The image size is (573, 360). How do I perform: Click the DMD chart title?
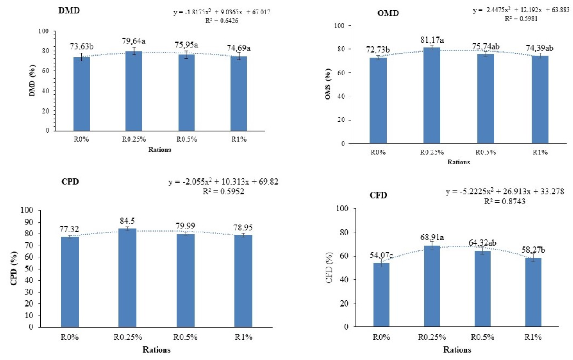69,11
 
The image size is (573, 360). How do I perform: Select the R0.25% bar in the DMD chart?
134,91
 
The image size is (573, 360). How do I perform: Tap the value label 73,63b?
82,46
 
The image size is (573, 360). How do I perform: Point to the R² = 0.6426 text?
222,21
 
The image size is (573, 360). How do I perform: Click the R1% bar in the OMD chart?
540,100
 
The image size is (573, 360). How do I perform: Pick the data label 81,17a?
432,40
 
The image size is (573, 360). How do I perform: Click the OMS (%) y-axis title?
328,84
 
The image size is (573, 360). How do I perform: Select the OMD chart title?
388,13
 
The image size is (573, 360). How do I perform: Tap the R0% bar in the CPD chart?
70,282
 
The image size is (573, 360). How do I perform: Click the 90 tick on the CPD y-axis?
29,222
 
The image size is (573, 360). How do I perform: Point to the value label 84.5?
127,221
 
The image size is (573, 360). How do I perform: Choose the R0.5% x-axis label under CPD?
186,337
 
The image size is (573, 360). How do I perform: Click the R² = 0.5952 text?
223,192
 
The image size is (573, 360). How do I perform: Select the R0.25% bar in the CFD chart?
432,286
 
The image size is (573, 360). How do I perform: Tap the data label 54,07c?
381,255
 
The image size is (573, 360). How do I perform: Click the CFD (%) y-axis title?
329,268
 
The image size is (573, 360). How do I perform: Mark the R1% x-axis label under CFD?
533,337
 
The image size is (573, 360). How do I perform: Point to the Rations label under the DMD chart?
160,150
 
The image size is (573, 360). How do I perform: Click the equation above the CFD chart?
505,191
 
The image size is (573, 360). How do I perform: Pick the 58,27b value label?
534,250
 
